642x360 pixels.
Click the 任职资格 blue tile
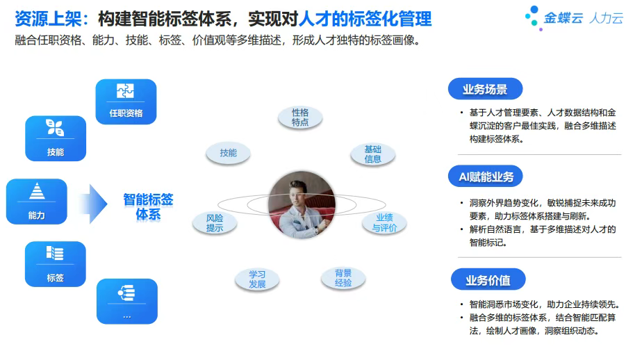(126, 101)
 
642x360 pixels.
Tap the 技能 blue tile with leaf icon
(56, 138)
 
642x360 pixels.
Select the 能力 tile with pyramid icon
(36, 202)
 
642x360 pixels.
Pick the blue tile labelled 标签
(56, 264)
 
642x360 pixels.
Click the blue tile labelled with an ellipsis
(127, 302)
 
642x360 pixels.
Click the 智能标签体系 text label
(148, 207)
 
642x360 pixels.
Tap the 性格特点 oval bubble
(300, 117)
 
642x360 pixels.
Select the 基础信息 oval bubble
(372, 154)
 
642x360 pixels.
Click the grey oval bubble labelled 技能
(228, 153)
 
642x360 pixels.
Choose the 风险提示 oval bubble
(215, 223)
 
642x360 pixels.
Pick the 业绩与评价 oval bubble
(384, 223)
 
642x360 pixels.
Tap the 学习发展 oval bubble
(257, 279)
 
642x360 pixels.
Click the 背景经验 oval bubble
(343, 278)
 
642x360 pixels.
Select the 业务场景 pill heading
(485, 89)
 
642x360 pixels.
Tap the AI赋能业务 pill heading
(486, 177)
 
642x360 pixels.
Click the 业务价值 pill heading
(488, 279)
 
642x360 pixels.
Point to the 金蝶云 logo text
(563, 18)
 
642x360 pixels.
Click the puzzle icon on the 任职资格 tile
(125, 90)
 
